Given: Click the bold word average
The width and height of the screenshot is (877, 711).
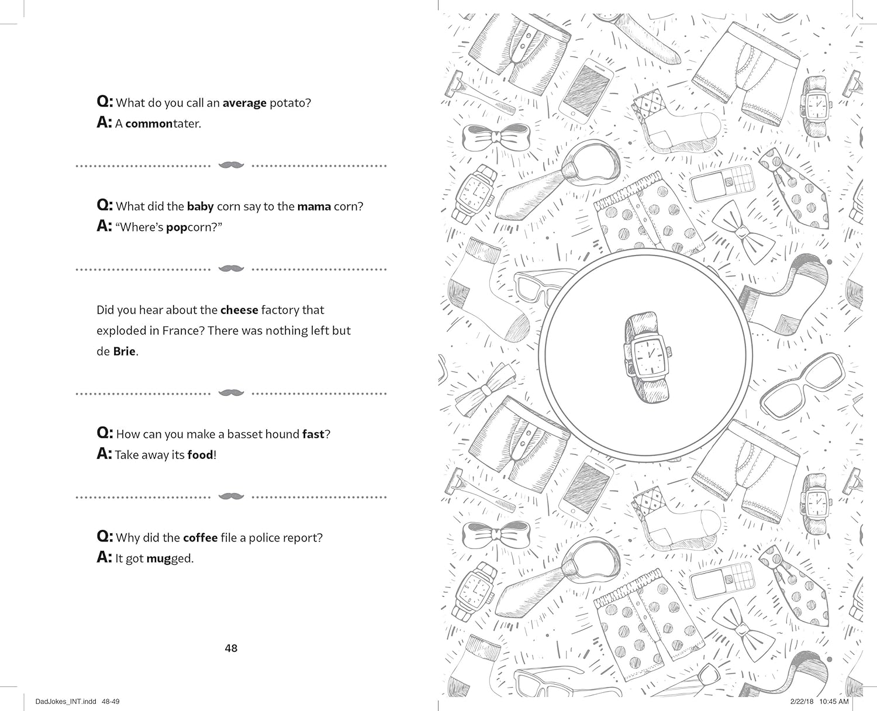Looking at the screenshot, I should [x=244, y=103].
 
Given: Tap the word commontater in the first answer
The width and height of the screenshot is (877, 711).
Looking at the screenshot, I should [x=163, y=124].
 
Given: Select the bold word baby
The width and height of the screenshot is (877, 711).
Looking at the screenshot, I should [x=200, y=207].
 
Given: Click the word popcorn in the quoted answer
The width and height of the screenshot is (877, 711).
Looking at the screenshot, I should [x=191, y=227].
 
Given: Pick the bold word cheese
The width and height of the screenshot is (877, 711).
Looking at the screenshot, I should [x=239, y=310].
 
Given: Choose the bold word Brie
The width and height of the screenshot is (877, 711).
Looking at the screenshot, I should [x=124, y=352].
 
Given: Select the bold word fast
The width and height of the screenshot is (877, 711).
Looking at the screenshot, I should [x=313, y=434].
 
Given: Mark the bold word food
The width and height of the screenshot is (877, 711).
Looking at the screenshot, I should [x=200, y=455].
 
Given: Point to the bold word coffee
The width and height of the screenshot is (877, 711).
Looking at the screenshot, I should [x=200, y=538].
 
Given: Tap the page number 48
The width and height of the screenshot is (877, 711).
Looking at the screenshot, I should [x=231, y=648].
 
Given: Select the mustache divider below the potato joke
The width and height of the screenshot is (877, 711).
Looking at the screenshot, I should [x=231, y=165].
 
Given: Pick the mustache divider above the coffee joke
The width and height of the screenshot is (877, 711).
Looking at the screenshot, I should [x=231, y=496].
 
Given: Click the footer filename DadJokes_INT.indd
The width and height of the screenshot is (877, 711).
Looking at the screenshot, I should [x=54, y=702].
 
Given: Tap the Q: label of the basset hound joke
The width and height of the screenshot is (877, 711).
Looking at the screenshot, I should [x=104, y=433].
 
